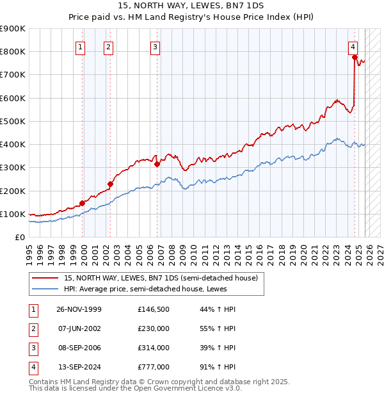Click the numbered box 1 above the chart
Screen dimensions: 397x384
coord(81,47)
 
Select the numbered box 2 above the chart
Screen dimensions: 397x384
coord(109,47)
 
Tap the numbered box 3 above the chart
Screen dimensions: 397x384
coord(156,47)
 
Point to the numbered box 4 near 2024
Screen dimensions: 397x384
coord(353,47)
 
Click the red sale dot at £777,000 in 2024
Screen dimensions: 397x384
coord(354,57)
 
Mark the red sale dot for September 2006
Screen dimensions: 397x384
coord(156,164)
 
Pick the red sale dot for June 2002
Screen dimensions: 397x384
coord(110,184)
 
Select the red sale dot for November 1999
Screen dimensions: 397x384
coord(82,203)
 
